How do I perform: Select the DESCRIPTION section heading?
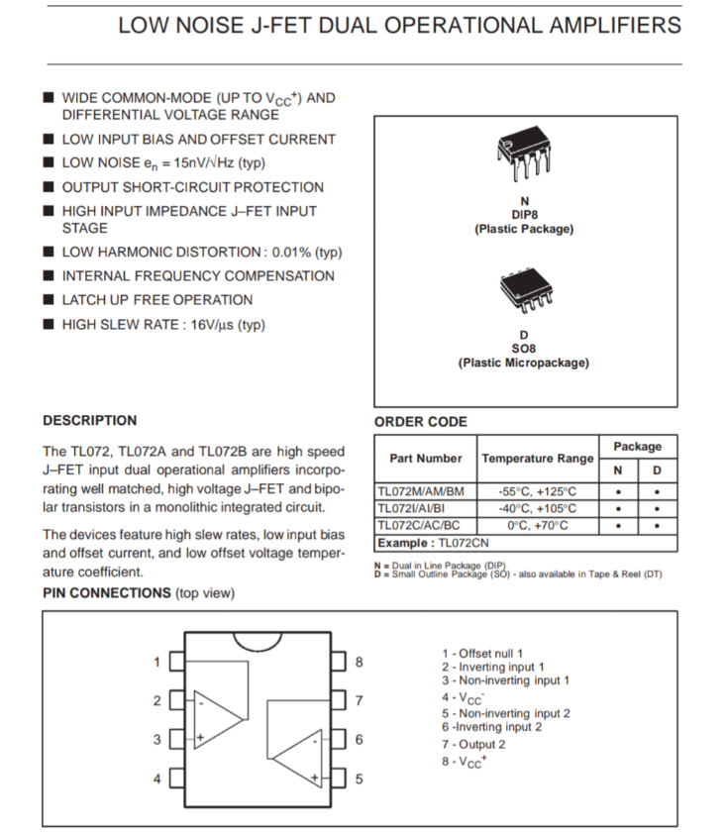coord(90,420)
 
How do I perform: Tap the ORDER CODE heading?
coord(420,422)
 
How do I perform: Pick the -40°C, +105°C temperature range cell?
coord(538,508)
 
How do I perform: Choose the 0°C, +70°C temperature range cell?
coord(538,525)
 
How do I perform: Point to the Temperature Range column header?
coord(538,459)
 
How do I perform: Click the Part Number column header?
coord(426,459)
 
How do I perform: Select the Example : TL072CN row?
coord(432,543)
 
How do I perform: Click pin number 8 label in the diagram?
coord(360,661)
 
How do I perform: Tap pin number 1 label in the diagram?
coord(156,662)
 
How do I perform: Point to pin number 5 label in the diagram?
coord(360,779)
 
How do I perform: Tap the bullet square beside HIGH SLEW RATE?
coord(49,325)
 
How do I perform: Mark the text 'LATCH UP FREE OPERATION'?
coord(157,300)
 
